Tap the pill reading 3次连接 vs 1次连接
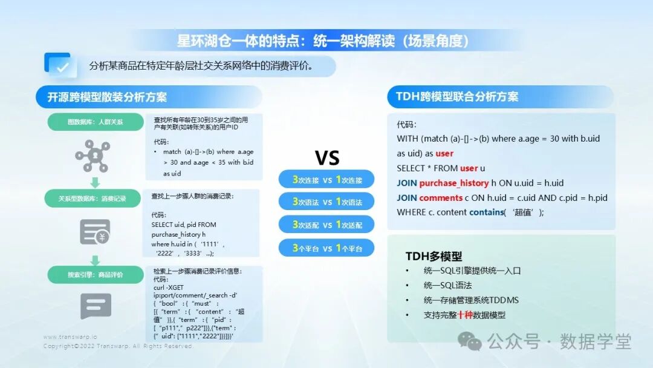326,180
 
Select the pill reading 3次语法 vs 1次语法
326,202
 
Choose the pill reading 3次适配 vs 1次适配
326,225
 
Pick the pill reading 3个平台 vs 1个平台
326,248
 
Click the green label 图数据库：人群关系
95,122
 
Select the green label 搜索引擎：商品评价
95,275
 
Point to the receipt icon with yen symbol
95,231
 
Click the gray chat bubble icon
96,306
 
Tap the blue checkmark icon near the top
60,65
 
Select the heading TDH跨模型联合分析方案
457,97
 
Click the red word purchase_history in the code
453,183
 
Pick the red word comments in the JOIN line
441,197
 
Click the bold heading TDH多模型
434,256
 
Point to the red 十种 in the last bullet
465,315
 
